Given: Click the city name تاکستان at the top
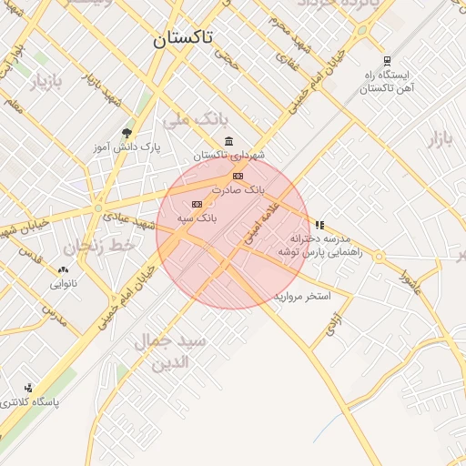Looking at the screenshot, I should [x=183, y=38].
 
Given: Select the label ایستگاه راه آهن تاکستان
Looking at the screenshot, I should [x=389, y=82].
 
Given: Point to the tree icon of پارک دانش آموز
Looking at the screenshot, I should [x=126, y=133].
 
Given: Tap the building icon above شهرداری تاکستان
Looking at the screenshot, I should [x=228, y=141].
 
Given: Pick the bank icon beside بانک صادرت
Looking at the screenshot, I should [x=238, y=176].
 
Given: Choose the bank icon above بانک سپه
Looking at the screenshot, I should [x=197, y=205].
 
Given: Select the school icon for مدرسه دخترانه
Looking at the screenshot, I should [x=319, y=224].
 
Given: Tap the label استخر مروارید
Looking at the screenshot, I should [x=302, y=297].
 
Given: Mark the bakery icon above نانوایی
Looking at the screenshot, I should [x=63, y=269].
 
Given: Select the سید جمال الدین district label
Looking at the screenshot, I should [x=172, y=350].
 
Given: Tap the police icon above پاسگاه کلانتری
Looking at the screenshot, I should [x=28, y=387].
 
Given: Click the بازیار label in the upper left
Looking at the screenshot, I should [x=48, y=84].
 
